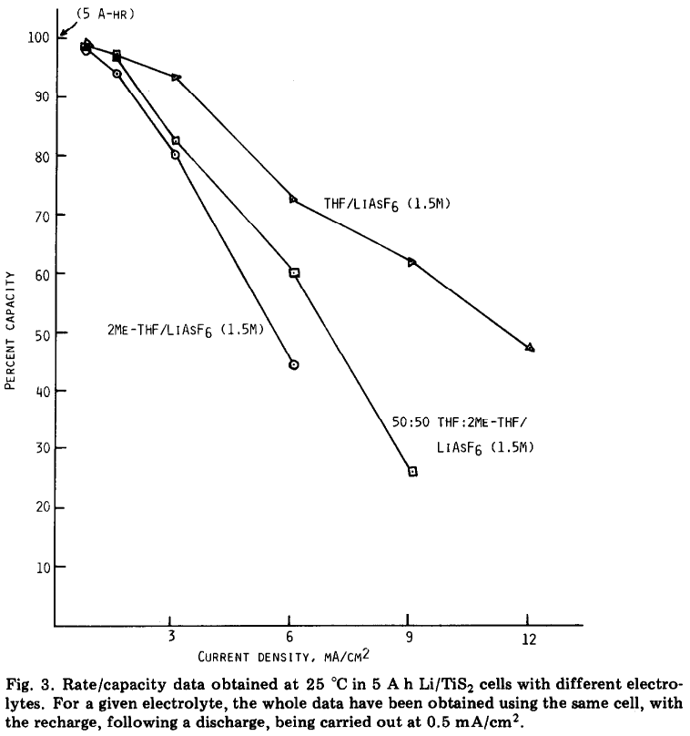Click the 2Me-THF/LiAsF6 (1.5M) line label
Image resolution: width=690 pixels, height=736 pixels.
pyautogui.click(x=185, y=329)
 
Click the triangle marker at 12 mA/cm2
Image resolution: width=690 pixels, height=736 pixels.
pyautogui.click(x=530, y=348)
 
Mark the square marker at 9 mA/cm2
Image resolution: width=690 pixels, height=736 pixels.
pyautogui.click(x=412, y=472)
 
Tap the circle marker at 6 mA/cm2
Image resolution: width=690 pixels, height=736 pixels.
pyautogui.click(x=294, y=365)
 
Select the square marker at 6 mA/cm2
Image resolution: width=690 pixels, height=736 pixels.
pyautogui.click(x=294, y=273)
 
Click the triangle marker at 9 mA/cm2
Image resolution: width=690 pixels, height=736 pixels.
pyautogui.click(x=412, y=262)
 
